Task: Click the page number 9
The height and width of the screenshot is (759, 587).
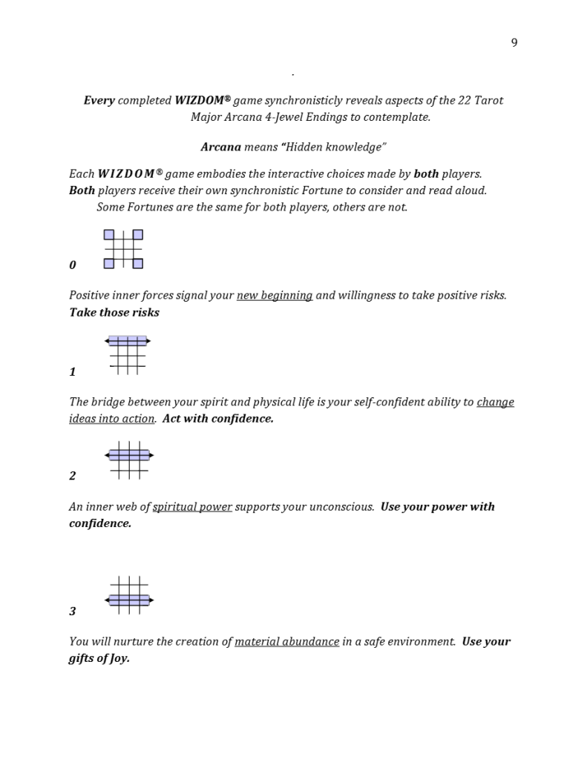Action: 514,42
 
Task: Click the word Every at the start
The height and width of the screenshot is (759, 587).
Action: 99,100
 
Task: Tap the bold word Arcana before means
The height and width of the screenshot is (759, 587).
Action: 220,147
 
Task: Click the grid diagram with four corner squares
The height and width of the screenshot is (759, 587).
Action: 123,249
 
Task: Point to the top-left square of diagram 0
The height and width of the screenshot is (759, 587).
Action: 109,235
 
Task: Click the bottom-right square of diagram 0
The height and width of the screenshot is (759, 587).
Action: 138,263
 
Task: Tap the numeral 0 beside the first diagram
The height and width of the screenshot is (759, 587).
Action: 72,265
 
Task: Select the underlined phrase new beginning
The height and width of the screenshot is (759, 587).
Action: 275,295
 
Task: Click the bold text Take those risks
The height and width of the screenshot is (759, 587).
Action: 114,312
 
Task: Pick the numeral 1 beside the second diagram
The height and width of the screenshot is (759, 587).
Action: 72,372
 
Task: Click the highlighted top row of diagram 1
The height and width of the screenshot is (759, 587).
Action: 128,341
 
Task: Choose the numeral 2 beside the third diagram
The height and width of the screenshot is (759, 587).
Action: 72,476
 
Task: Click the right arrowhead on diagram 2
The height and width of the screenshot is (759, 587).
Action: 151,455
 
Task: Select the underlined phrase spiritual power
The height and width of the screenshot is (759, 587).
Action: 192,507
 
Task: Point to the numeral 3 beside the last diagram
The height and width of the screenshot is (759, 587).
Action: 72,611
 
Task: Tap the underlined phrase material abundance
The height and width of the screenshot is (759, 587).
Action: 286,641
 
